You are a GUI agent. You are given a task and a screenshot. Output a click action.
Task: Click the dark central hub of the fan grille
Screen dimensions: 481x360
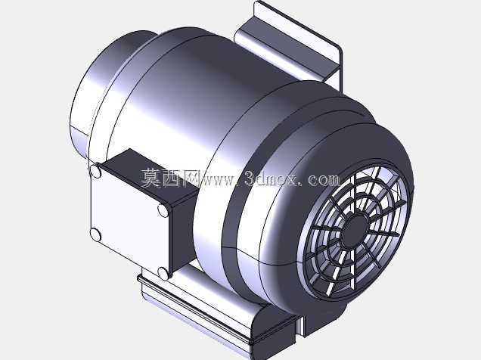[x=355, y=231]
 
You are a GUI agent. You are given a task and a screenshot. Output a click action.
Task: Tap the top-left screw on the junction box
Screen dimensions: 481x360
[x=95, y=171]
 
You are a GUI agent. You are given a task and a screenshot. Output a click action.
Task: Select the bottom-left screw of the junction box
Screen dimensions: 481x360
[x=95, y=235]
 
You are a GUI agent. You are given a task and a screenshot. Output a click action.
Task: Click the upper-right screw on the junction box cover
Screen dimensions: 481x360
[x=163, y=210]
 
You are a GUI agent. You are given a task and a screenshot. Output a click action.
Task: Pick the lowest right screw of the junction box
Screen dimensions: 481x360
[x=163, y=273]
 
